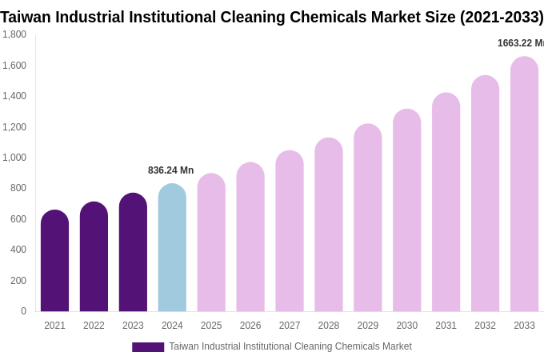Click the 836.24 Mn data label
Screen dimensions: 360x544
(170, 170)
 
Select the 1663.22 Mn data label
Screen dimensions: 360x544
(520, 43)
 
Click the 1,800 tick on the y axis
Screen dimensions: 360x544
(14, 34)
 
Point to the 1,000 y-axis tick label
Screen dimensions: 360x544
(14, 158)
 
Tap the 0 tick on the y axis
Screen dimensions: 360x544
(23, 311)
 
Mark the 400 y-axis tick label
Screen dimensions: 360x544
(18, 250)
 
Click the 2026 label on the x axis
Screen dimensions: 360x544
(250, 326)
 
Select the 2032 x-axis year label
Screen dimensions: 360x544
(485, 326)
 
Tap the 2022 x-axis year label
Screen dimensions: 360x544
(94, 326)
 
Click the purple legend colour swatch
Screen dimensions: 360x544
(148, 347)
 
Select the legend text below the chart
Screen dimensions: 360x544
(290, 346)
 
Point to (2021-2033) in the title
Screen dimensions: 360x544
(501, 17)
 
